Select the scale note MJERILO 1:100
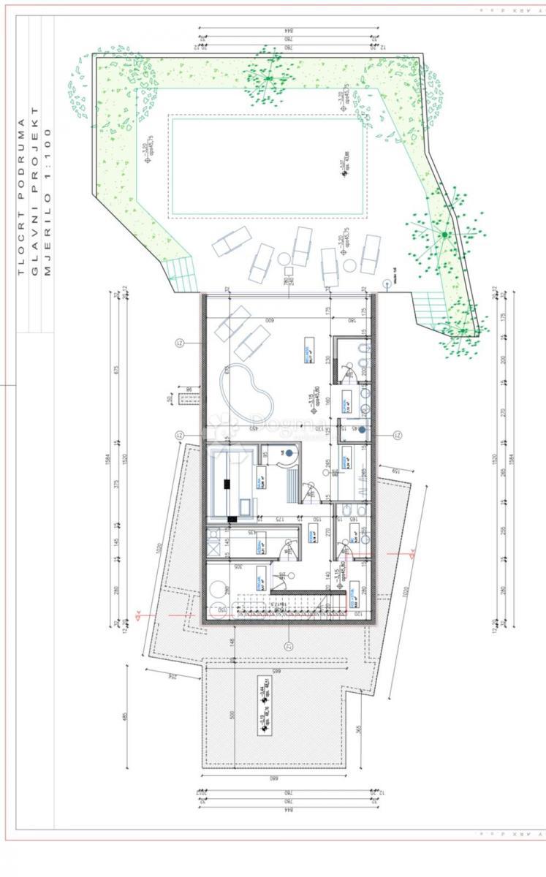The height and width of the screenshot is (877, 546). pos(48,202)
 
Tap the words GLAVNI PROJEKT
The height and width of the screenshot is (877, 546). pos(34,197)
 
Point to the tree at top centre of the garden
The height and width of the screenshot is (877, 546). pos(268,77)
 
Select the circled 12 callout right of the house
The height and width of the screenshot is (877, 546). pos(398,436)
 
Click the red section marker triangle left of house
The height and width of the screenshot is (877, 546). pos(139,615)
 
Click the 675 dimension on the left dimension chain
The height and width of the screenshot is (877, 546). pos(115,370)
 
